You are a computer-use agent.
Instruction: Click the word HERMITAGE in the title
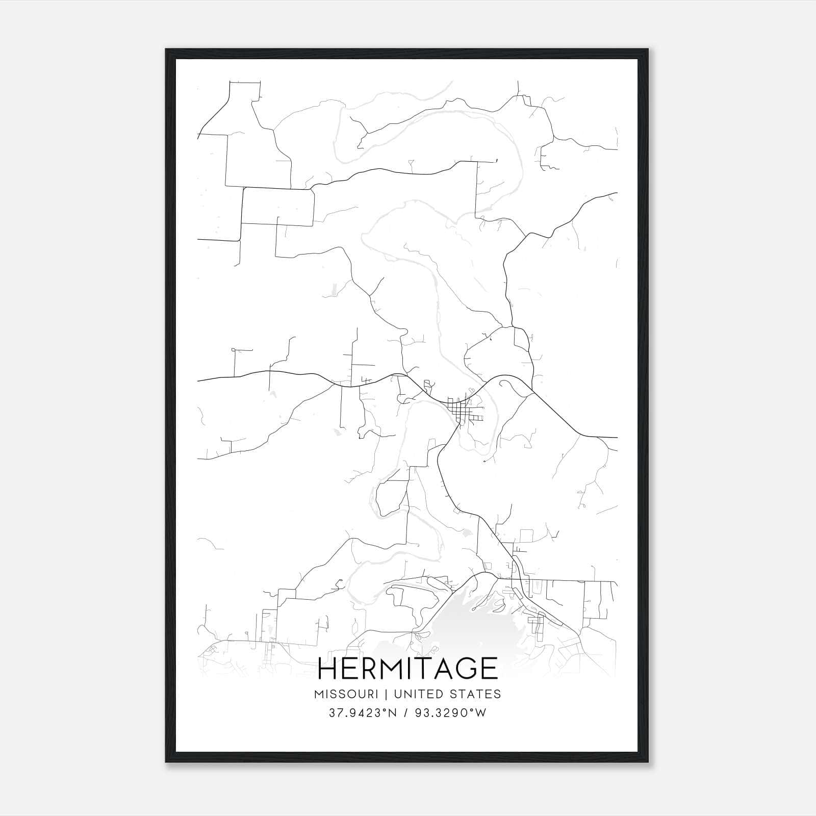(407, 668)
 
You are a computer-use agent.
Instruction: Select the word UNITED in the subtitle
(419, 694)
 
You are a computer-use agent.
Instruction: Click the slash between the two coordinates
(406, 713)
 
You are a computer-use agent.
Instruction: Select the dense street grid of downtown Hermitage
(462, 411)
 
